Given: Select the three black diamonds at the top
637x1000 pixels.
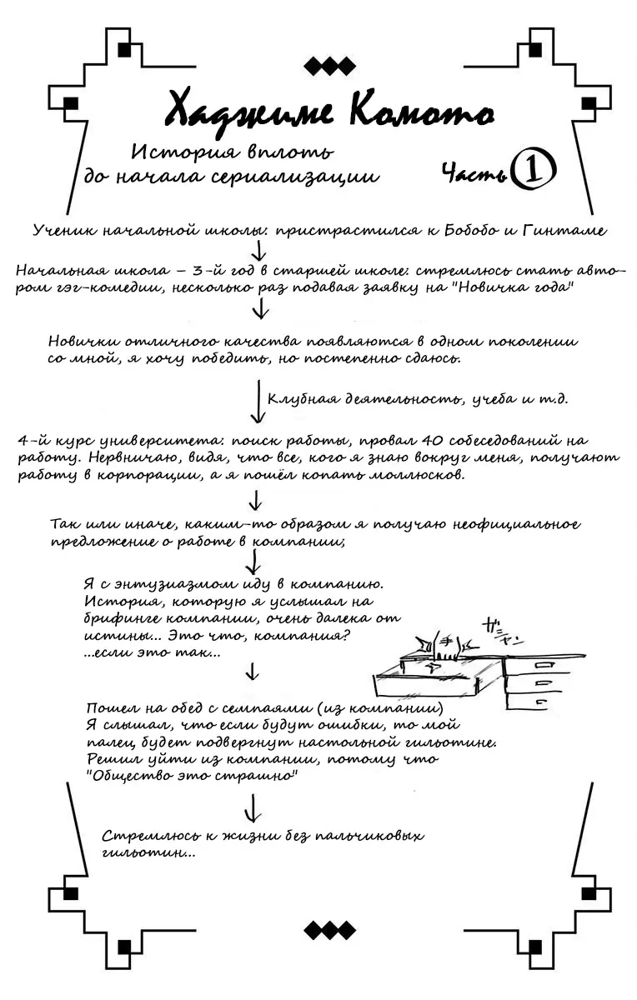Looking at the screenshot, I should (x=330, y=65).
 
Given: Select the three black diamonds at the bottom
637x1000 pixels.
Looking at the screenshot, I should (x=330, y=930).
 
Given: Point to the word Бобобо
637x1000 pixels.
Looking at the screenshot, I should (x=466, y=230).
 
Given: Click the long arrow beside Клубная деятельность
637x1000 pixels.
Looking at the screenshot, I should (x=258, y=402).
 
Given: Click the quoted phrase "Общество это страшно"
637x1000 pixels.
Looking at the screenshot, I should (x=193, y=775).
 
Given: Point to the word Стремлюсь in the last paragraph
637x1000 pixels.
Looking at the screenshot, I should (x=145, y=836).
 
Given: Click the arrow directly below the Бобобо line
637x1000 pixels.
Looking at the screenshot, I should (x=258, y=249).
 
